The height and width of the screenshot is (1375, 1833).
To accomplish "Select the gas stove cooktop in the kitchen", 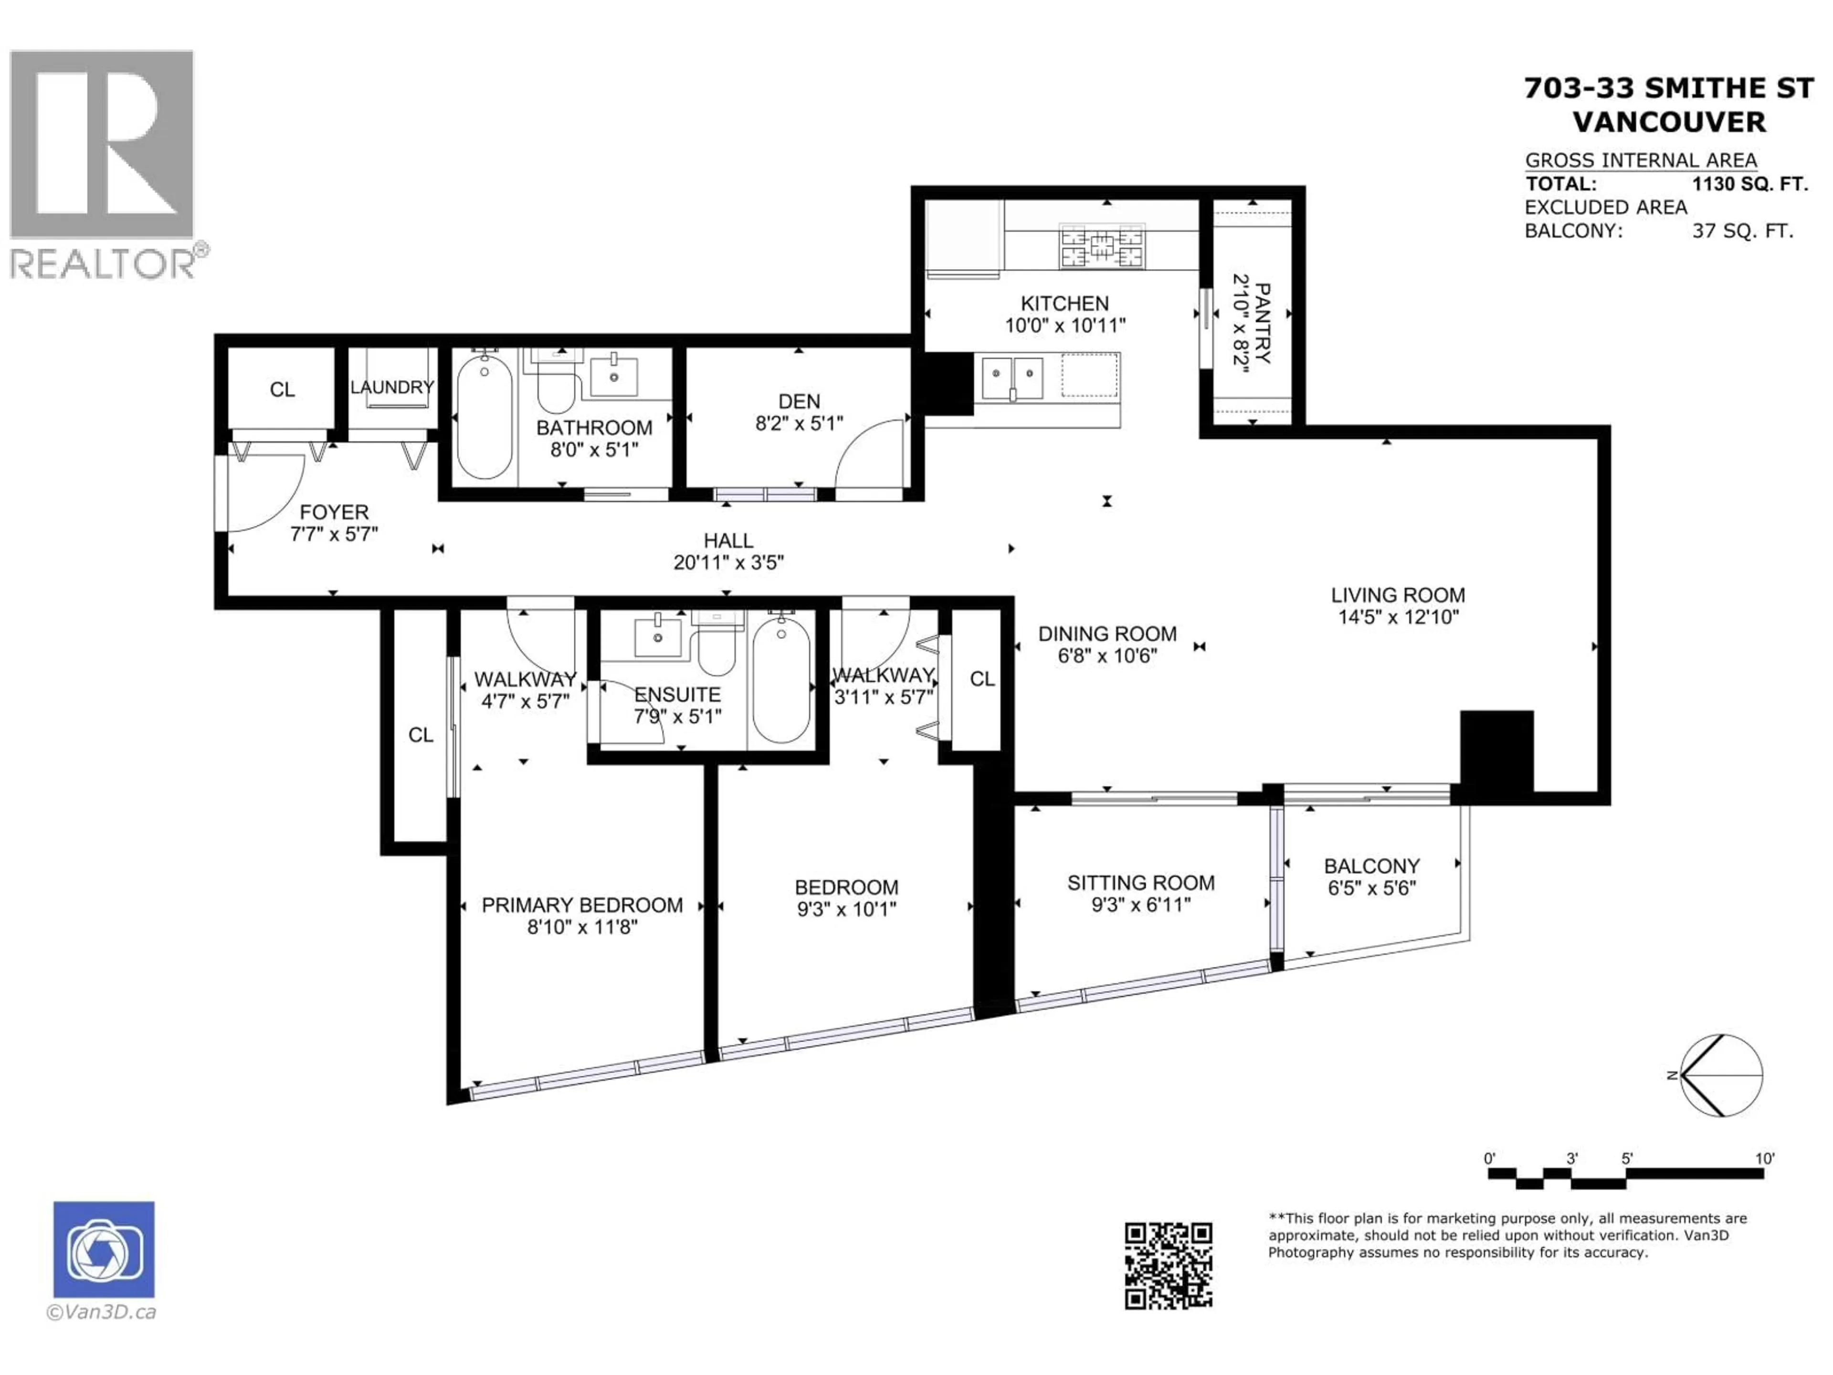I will click(1102, 246).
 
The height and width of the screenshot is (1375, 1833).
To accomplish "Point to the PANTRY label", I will click(1262, 323).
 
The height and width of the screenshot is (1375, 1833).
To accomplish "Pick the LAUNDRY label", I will click(392, 387).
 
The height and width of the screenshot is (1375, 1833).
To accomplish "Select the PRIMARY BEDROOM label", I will click(582, 905).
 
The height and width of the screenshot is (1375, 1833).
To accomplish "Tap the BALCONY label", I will click(1371, 866).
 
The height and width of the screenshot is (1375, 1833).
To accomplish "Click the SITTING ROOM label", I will click(1140, 883).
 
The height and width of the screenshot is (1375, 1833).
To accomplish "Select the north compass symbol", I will click(1722, 1075).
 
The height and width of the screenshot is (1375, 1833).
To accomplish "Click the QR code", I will click(1169, 1266).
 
